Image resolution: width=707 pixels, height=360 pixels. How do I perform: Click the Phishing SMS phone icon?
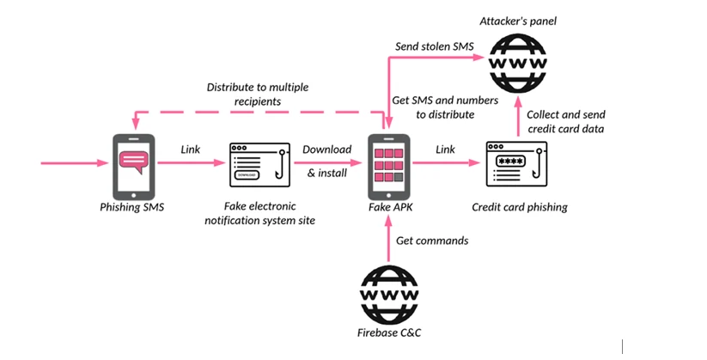(134, 166)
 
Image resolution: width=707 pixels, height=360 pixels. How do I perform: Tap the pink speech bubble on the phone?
(134, 160)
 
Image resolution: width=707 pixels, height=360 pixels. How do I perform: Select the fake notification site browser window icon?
(260, 164)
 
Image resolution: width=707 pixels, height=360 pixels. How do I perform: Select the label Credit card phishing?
(520, 207)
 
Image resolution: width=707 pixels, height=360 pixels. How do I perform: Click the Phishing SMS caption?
(133, 207)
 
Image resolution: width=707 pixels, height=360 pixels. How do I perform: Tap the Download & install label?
(326, 161)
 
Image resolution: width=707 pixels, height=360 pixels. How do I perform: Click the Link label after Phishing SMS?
(191, 149)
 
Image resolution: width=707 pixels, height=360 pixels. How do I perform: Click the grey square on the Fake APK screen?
(400, 177)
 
